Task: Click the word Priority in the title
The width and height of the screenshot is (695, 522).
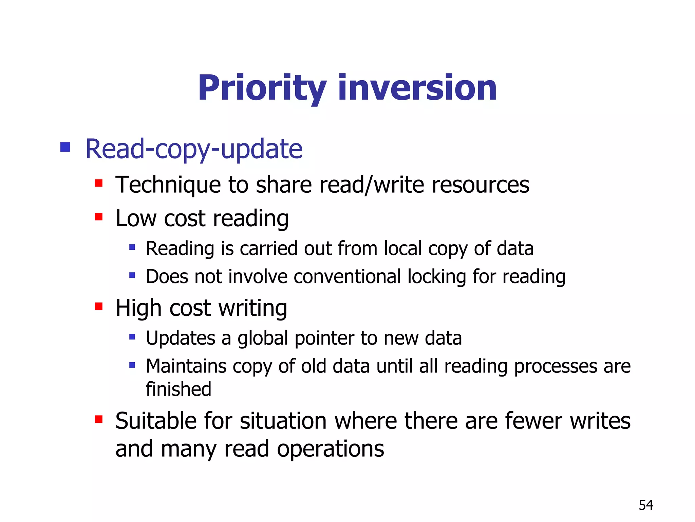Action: (x=262, y=88)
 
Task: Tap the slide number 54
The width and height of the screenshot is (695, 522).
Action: (x=646, y=505)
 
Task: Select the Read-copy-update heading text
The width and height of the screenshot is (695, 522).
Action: (x=194, y=149)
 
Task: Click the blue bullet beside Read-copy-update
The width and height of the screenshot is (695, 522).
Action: (x=65, y=147)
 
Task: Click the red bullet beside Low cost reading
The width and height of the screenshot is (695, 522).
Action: (x=99, y=216)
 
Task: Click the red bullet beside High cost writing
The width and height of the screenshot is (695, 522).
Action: (x=99, y=307)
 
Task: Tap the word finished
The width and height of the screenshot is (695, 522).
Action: (x=179, y=389)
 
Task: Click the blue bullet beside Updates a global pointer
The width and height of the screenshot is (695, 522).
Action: (x=132, y=337)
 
